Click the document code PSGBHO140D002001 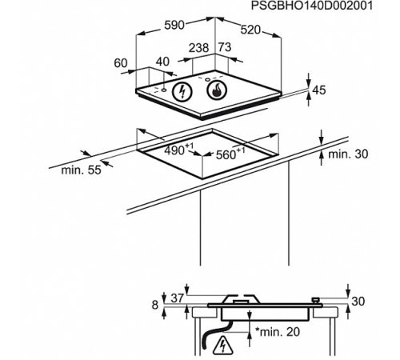pos(312,6)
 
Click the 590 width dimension pos(174,26)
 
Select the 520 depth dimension pos(250,30)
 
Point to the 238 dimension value pos(199,48)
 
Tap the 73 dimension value pos(225,47)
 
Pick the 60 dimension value pos(121,63)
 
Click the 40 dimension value pos(162,62)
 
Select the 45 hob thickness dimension pos(319,90)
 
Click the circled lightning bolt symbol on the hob pos(182,91)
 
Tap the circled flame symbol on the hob pos(217,90)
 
